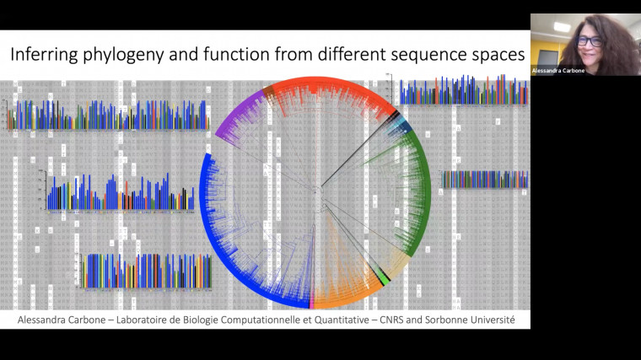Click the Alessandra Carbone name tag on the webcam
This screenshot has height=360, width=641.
558,71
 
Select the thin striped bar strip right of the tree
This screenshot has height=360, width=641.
485,179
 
